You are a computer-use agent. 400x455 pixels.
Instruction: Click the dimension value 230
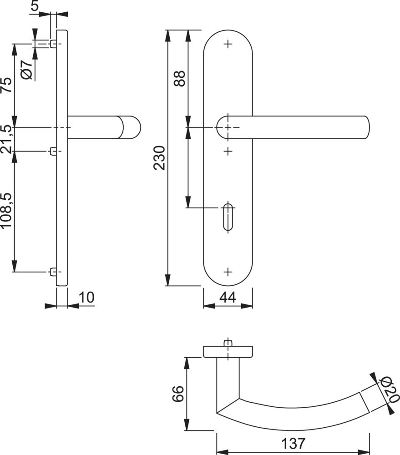click(x=159, y=158)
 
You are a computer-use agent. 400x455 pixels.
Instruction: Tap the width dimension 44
click(x=228, y=298)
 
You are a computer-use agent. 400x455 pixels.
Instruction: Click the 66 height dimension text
click(x=178, y=393)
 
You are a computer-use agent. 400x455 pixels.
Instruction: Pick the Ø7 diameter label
click(x=26, y=70)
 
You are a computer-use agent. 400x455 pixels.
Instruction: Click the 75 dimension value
click(x=6, y=85)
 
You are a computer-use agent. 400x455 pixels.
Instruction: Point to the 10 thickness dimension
click(x=86, y=298)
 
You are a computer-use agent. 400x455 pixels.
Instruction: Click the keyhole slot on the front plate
click(x=228, y=217)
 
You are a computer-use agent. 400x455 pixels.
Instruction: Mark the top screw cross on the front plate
click(x=228, y=44)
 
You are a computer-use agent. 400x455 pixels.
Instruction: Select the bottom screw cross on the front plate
click(x=228, y=272)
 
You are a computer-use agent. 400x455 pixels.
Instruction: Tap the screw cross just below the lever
click(x=228, y=150)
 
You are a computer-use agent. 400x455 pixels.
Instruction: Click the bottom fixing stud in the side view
click(x=53, y=272)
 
